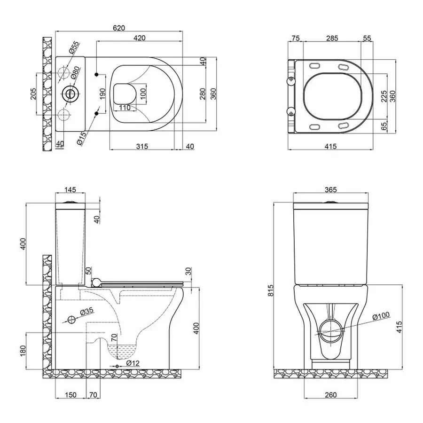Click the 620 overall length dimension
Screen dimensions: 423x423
pos(118,28)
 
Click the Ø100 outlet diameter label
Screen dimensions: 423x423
pos(381,317)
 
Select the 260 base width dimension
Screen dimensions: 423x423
pos(330,394)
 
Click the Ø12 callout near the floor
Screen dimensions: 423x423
pos(133,363)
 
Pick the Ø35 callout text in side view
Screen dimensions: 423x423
pos(88,312)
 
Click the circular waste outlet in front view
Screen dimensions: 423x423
pos(330,329)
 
